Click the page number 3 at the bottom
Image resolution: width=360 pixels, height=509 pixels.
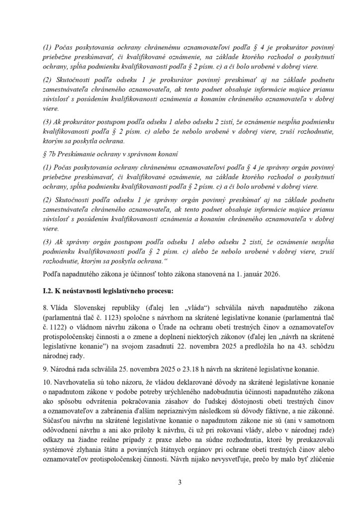(x=180, y=482)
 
